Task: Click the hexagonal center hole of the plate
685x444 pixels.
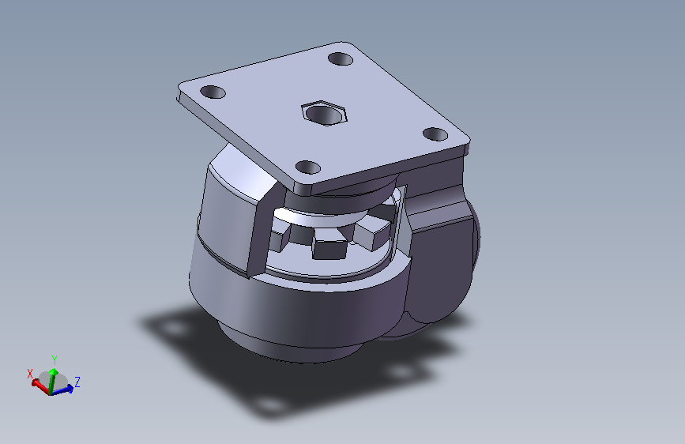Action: tap(324, 113)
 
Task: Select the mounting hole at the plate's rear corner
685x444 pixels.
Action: tap(341, 58)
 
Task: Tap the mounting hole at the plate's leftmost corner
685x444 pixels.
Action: tap(213, 92)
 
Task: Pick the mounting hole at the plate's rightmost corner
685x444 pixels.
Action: tap(435, 134)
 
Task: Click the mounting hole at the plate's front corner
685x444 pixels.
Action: tap(308, 167)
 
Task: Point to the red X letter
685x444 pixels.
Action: tap(30, 374)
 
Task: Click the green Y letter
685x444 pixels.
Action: tap(55, 359)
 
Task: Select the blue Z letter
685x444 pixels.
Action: tap(77, 382)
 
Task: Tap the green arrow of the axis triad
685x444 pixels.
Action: tap(52, 380)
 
